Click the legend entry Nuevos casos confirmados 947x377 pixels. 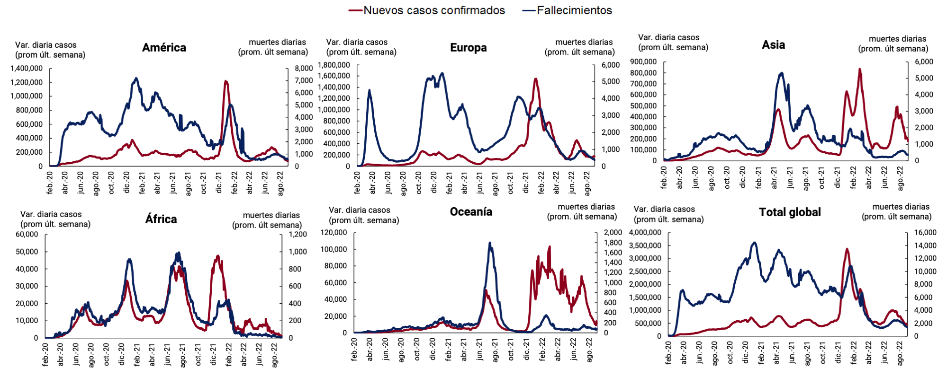433,10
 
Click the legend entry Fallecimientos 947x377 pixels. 574,10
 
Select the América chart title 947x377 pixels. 164,48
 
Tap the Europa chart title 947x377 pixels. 468,48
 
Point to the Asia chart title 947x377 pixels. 773,45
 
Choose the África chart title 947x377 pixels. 161,219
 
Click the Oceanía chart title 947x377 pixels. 471,212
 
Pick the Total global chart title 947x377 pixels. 790,212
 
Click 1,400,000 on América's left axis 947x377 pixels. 27,68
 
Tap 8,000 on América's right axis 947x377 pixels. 304,68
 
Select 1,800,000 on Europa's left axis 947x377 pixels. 334,65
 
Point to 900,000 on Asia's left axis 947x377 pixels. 643,61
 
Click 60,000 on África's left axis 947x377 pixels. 27,234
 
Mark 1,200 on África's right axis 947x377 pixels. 298,234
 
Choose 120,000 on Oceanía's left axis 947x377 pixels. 334,232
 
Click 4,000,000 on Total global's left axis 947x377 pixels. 645,232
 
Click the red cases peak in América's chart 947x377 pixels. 225,81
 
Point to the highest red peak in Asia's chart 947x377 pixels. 859,70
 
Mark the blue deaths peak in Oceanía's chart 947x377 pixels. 489,243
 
